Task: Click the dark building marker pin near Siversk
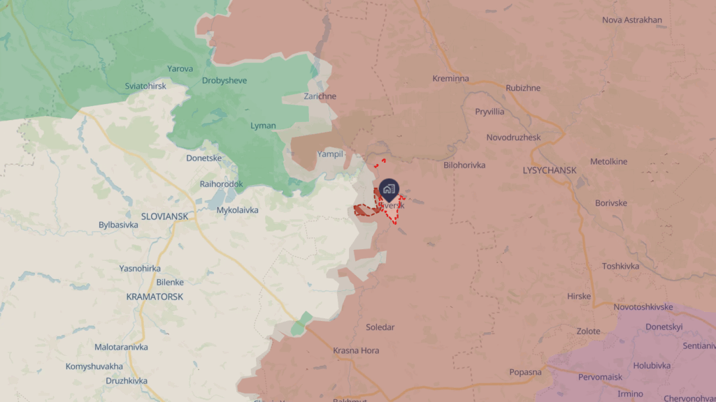[389, 188]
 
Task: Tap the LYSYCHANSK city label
[549, 170]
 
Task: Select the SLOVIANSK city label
[164, 216]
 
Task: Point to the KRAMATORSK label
[155, 297]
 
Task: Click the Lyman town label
[263, 126]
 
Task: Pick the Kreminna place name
[450, 78]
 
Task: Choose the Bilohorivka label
[464, 165]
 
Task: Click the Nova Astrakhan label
[632, 20]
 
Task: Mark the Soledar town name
[380, 327]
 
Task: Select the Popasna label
[525, 372]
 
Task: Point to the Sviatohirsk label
[145, 86]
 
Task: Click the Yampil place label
[330, 154]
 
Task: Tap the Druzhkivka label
[127, 381]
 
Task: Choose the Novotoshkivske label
[643, 307]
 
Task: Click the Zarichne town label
[320, 96]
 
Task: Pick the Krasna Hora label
[356, 350]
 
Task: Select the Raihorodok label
[221, 184]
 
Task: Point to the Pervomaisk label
[600, 377]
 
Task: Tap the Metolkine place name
[608, 162]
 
